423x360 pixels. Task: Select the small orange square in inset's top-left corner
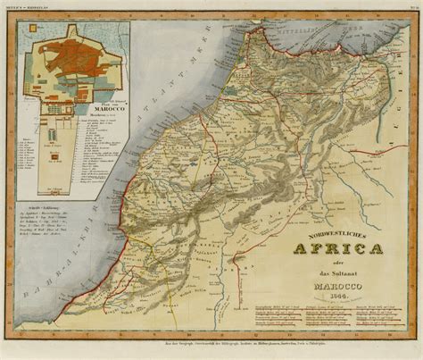point(28,33)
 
